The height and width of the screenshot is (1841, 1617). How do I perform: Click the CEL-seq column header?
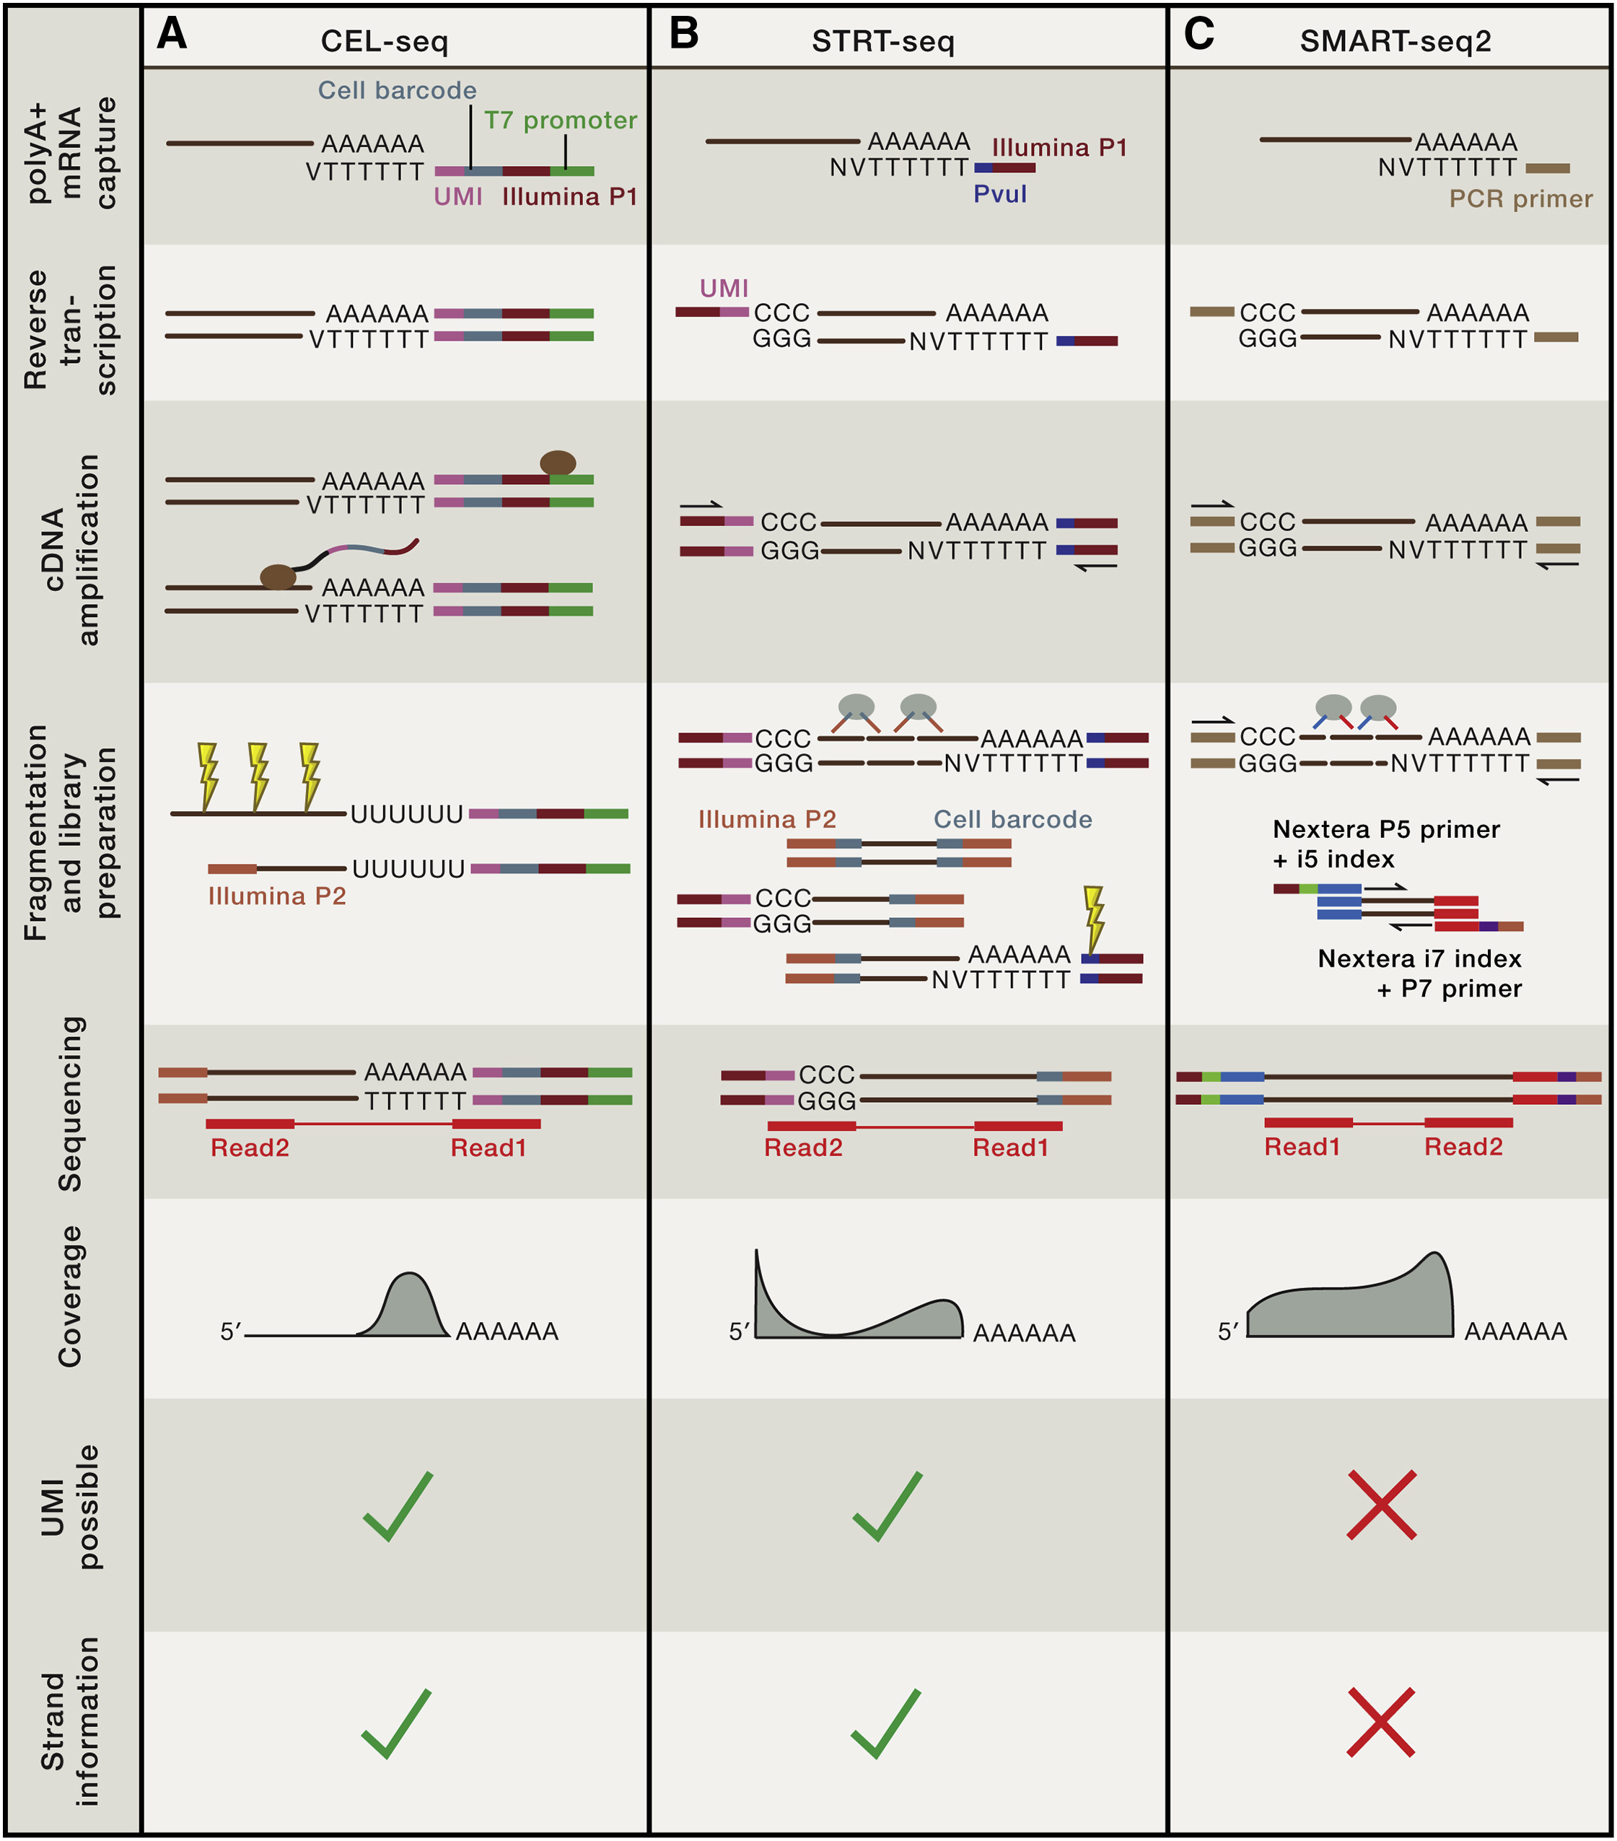pos(384,41)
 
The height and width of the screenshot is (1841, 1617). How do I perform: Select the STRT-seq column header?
pos(882,41)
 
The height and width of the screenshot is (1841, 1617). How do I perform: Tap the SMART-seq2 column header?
pos(1395,41)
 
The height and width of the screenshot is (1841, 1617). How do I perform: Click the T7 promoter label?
pos(560,121)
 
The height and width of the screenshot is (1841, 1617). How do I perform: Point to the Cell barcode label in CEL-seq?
pos(397,90)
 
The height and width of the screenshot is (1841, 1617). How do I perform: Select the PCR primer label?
pos(1520,199)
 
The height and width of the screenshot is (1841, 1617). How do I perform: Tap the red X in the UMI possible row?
pos(1381,1505)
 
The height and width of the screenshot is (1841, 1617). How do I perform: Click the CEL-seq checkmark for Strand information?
pos(396,1723)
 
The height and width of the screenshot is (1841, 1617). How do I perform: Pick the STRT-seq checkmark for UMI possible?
pos(887,1506)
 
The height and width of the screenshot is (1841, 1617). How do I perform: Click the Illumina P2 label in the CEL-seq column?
pos(276,896)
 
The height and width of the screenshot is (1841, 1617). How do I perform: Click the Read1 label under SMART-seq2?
pos(1301,1147)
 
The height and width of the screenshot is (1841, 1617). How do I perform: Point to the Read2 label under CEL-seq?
pos(250,1147)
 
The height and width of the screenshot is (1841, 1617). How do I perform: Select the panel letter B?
pos(684,34)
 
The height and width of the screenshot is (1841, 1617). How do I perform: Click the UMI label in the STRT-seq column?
pos(724,288)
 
